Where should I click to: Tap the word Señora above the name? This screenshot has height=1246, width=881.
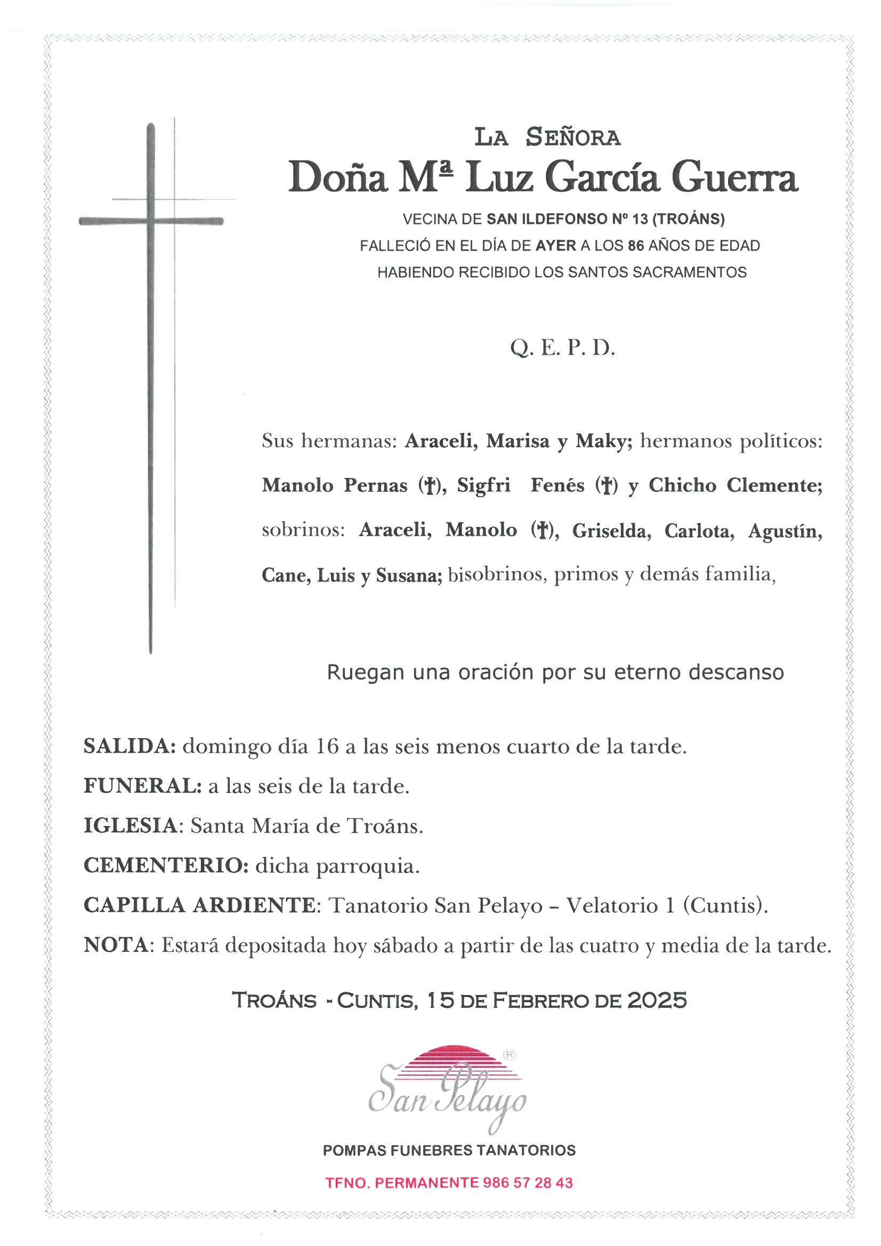(573, 137)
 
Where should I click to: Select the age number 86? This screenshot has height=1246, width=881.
(636, 246)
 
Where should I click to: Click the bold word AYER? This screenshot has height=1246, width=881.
(556, 246)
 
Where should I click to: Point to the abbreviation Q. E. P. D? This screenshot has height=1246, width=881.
(562, 348)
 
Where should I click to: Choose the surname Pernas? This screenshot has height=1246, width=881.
(376, 485)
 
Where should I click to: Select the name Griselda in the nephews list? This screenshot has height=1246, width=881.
(612, 530)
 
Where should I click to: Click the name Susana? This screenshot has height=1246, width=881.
(409, 575)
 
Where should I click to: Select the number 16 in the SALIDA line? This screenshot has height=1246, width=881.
(327, 747)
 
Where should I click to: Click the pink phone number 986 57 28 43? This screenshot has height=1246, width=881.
(527, 1183)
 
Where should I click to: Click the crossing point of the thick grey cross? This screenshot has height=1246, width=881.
(151, 221)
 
